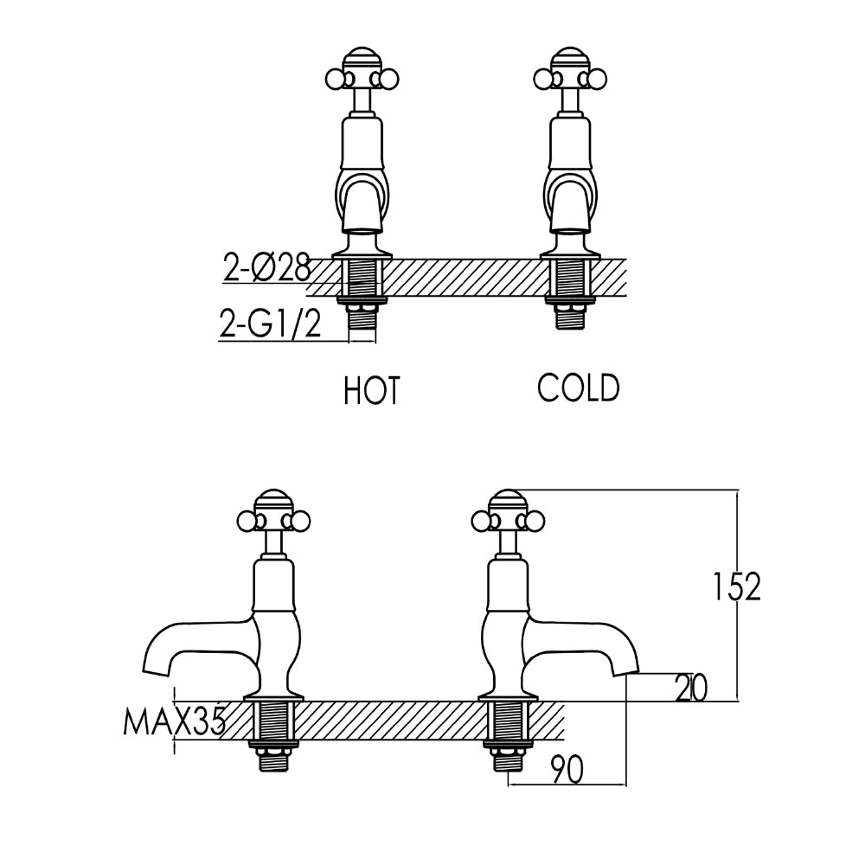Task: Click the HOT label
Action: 372,390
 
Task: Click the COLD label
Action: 579,388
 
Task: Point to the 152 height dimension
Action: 736,587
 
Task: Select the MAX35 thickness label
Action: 174,721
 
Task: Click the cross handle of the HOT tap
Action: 362,77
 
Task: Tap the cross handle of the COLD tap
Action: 571,77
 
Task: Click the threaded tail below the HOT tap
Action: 362,320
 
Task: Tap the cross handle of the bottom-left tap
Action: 273,518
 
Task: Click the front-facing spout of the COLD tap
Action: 571,208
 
